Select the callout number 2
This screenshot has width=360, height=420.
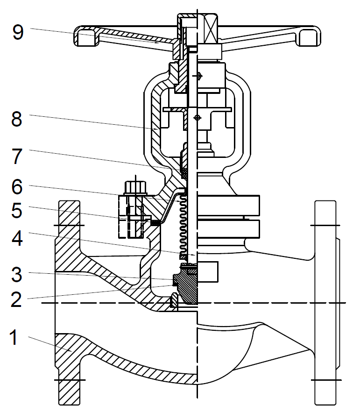coord(17,299)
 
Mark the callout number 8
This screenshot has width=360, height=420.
coord(17,119)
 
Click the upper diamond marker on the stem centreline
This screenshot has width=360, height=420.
coord(198,76)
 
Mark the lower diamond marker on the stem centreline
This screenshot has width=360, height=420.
coord(198,117)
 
